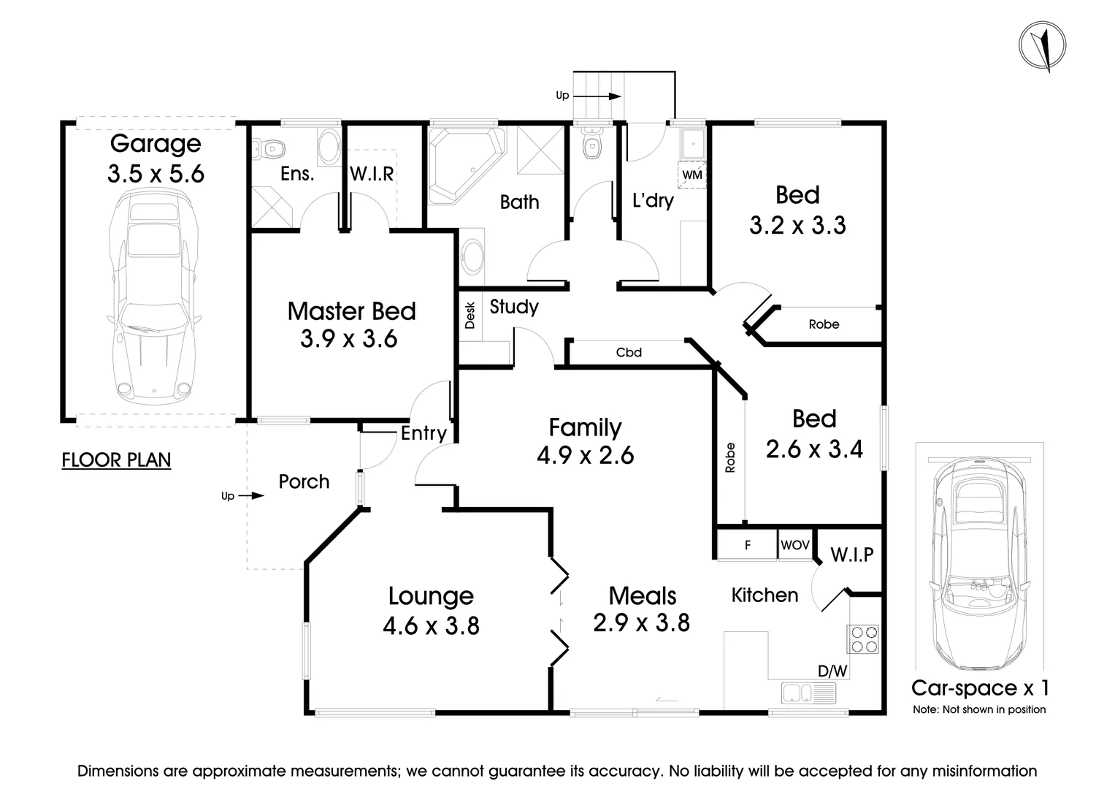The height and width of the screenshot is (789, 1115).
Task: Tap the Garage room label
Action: (x=156, y=144)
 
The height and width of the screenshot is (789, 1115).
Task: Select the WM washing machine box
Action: (x=692, y=175)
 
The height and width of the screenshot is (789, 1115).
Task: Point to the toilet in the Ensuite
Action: (x=269, y=149)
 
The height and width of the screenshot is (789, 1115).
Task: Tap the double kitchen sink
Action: (x=808, y=693)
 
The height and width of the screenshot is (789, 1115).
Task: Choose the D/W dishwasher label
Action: (x=832, y=671)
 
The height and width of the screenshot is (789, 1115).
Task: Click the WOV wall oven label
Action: (x=795, y=545)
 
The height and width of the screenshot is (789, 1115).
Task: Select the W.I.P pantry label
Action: (x=852, y=554)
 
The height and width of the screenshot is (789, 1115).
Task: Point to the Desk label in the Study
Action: (x=470, y=316)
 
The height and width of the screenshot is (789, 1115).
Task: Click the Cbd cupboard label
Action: (x=629, y=353)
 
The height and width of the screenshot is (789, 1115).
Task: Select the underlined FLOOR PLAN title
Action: (x=117, y=460)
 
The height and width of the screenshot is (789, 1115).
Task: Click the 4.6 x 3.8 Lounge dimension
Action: (x=431, y=625)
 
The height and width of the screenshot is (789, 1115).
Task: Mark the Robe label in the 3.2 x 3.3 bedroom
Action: (x=824, y=324)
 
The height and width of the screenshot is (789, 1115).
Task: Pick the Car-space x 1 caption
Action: (x=980, y=688)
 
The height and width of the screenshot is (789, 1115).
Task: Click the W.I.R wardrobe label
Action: (x=372, y=174)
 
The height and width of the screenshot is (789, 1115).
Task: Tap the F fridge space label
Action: (x=748, y=546)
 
